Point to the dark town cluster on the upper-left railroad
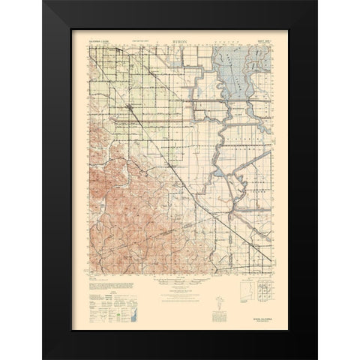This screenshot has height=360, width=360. pos(132,111)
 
